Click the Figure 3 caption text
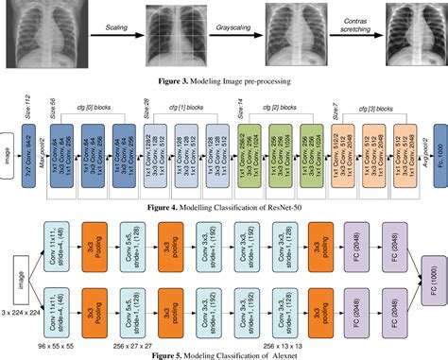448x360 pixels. coord(223,83)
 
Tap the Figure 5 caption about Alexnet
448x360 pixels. coord(225,353)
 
